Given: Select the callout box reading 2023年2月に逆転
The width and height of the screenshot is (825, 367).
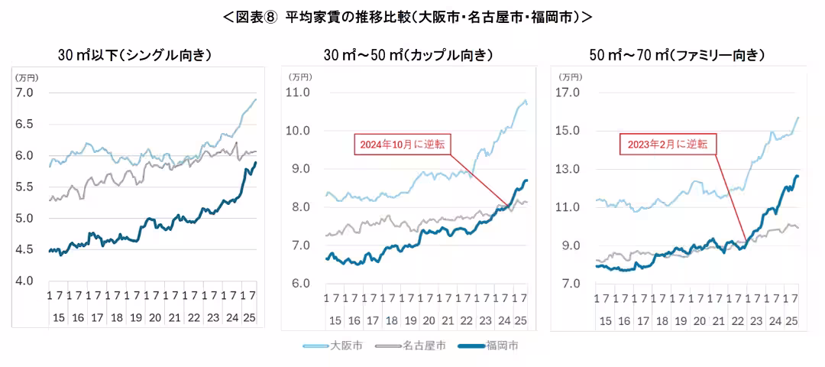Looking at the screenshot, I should (667, 144).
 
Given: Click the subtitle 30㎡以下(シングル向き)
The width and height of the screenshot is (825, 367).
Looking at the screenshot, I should (134, 55).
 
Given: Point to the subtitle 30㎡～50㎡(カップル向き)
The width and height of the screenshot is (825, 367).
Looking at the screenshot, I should (408, 55).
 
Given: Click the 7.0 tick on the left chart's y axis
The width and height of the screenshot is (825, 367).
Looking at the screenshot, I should (25, 93).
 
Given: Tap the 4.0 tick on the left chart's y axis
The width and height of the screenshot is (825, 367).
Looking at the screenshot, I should (25, 281).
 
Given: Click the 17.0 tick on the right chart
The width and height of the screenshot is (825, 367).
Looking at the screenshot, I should (570, 93).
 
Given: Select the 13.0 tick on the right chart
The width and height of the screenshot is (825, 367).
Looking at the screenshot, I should (570, 169).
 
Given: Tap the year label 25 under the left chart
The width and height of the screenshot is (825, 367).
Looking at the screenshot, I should (249, 316).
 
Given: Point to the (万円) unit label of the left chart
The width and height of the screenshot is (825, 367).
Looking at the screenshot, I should (27, 76).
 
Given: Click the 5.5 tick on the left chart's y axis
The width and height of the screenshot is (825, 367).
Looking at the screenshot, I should (25, 187).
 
